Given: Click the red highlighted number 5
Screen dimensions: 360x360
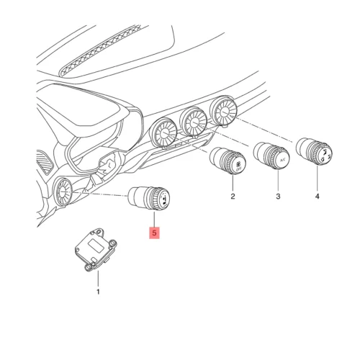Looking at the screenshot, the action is coord(154,233).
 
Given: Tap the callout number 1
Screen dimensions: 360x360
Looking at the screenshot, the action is coord(98,292).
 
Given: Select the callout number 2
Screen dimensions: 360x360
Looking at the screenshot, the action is coord(233,197).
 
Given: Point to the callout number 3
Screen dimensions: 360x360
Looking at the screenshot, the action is coord(278,197).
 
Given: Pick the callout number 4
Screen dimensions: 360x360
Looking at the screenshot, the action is coord(317,197).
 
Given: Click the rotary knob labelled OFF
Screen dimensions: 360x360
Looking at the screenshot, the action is coord(228,161).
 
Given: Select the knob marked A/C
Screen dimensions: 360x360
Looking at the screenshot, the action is coord(271,156).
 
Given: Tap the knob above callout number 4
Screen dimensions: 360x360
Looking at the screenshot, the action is coord(314,151).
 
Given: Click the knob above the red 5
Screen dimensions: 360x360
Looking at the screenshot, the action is coord(149,198).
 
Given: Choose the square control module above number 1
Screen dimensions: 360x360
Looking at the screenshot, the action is coord(96,250).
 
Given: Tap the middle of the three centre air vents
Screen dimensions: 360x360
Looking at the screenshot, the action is coord(194,122).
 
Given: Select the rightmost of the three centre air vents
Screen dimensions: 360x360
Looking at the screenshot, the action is coord(223,111).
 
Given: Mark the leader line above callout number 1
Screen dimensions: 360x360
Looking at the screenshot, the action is coord(98,279).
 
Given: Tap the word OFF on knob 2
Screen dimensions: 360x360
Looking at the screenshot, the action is coord(238,169).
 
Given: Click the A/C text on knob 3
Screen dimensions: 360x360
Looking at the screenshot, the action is coord(284,160).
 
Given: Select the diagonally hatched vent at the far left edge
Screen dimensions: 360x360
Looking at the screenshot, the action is coord(45,161).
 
